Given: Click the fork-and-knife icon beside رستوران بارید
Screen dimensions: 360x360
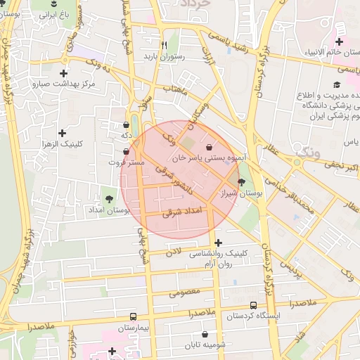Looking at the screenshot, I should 163,43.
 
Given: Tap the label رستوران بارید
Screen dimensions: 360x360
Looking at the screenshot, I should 164,56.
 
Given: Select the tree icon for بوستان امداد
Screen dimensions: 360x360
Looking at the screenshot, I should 109,198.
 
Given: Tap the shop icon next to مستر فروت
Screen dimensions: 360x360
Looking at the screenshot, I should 126,151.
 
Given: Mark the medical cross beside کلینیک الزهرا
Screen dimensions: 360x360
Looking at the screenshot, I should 63,132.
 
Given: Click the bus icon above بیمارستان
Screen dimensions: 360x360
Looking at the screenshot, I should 134,316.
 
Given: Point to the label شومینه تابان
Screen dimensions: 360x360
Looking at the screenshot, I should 205,345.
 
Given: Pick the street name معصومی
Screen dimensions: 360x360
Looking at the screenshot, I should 186,291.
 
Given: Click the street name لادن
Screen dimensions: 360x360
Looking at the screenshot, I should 174,251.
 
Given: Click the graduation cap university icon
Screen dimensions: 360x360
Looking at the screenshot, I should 335,84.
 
